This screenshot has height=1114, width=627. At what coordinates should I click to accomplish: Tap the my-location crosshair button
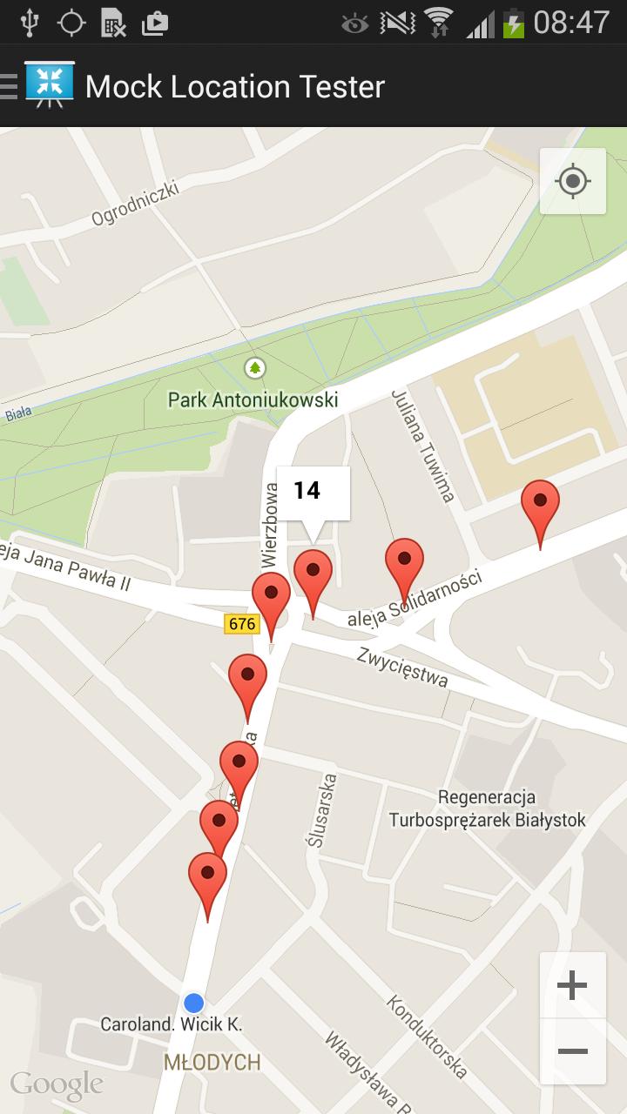(573, 182)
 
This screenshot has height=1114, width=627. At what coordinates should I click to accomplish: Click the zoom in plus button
(572, 986)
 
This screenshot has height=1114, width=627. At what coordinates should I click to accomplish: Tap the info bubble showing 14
(313, 492)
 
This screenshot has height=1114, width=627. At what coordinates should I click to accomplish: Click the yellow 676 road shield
(241, 624)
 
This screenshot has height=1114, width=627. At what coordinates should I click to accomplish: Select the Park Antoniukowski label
(253, 400)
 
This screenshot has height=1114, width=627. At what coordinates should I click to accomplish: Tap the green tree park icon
(254, 368)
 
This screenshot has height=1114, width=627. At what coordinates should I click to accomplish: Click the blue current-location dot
(194, 1003)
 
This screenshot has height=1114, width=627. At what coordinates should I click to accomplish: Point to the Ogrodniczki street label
(135, 202)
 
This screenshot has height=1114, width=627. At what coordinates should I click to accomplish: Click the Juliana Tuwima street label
(424, 446)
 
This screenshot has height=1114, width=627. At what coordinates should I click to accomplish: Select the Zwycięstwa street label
(402, 667)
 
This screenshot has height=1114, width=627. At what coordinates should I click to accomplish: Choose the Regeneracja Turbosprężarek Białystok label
(487, 809)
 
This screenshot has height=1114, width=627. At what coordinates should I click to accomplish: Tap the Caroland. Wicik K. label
(171, 1024)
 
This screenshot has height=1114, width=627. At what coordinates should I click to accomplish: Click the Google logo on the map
(57, 1084)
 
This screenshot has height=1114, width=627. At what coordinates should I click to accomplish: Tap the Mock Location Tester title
(235, 87)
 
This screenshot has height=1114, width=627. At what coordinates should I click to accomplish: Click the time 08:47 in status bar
(571, 23)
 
